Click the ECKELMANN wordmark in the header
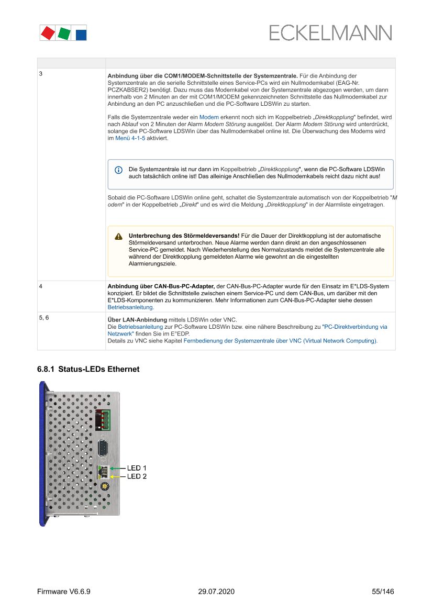click(x=330, y=33)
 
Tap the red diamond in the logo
click(x=48, y=33)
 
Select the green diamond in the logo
click(x=64, y=34)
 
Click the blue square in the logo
click(x=81, y=35)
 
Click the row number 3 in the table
click(x=41, y=74)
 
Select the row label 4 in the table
click(x=41, y=286)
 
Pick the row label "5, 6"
click(x=44, y=318)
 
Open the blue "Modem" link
click(x=209, y=117)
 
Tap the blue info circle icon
click(x=119, y=170)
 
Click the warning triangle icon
click(x=119, y=236)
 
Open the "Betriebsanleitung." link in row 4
click(x=131, y=307)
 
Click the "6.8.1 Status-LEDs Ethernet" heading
click(x=88, y=369)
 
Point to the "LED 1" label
click(x=137, y=467)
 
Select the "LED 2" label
click(x=137, y=476)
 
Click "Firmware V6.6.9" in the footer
click(x=64, y=592)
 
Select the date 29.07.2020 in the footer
click(x=216, y=592)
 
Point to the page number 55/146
click(x=383, y=592)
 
